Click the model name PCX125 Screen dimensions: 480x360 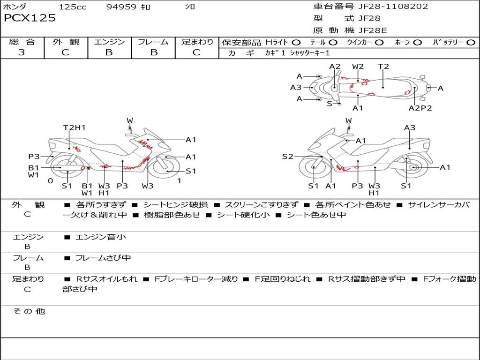click(30, 18)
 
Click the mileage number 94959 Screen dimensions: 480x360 click(121, 7)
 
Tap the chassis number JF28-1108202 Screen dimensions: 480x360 click(393, 7)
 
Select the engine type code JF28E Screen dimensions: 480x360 click(373, 30)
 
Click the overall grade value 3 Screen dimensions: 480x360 click(22, 52)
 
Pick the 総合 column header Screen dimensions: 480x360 click(22, 42)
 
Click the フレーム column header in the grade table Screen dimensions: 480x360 click(153, 42)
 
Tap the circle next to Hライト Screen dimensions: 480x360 click(296, 43)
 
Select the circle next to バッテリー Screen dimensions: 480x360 click(471, 43)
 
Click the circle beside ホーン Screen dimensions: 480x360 click(417, 43)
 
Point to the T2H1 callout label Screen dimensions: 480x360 click(75, 127)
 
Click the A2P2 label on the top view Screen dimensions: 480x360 click(420, 108)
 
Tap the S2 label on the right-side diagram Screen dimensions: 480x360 click(288, 157)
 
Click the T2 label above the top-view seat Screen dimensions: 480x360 click(383, 67)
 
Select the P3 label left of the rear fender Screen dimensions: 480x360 click(34, 157)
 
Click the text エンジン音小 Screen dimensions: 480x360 click(101, 237)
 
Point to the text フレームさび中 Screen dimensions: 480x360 click(103, 258)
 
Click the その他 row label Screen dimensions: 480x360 click(29, 311)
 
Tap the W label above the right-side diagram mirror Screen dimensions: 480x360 click(349, 120)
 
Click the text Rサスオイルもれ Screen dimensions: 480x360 click(106, 279)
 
